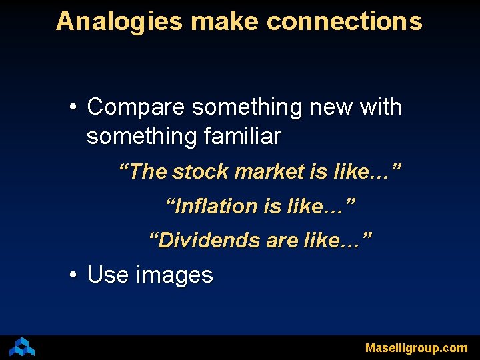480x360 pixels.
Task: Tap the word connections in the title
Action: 344,21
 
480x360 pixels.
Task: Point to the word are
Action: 282,239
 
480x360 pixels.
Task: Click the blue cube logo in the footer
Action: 22,347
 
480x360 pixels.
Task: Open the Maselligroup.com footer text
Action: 416,348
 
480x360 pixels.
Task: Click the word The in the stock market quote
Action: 147,171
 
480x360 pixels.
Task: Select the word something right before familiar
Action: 141,137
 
